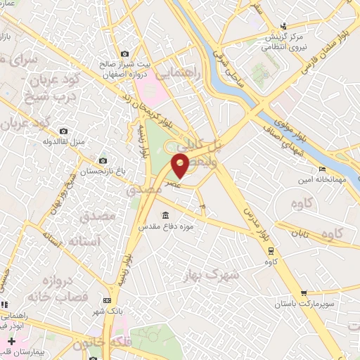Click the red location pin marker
pyautogui.click(x=180, y=167)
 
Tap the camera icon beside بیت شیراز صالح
pyautogui.click(x=124, y=54)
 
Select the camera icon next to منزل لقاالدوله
pyautogui.click(x=64, y=131)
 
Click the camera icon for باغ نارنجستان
pyautogui.click(x=103, y=161)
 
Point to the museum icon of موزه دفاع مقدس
pyautogui.click(x=166, y=215)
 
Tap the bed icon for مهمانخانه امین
pyautogui.click(x=322, y=169)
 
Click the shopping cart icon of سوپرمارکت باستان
pyautogui.click(x=303, y=293)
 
